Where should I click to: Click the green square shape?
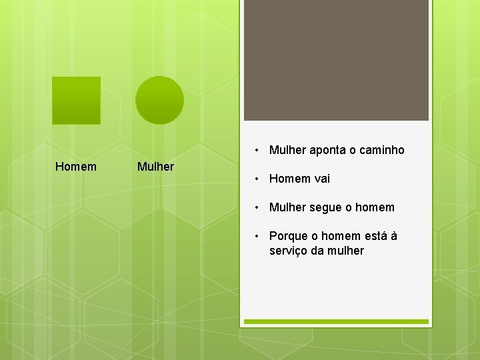coord(76,101)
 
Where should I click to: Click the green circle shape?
coord(159,100)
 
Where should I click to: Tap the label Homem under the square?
coord(76,166)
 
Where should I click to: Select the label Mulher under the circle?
coord(155,166)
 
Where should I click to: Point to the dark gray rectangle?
coord(336,60)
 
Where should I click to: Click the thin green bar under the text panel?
coord(336,321)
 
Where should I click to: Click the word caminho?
coord(382,150)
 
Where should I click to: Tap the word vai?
coord(322,179)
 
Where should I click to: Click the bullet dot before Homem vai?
coord(257,179)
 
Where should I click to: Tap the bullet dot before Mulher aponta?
coord(257,150)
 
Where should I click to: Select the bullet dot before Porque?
coord(257,236)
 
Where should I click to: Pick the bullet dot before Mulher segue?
coord(257,207)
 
